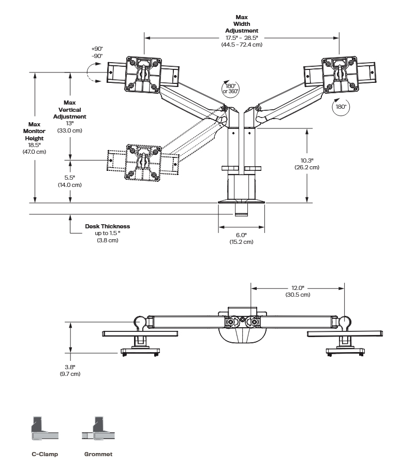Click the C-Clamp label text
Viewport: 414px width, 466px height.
point(45,454)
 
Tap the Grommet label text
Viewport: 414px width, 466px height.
point(98,454)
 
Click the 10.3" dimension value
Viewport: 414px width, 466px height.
point(307,160)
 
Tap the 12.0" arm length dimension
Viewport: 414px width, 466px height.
point(297,287)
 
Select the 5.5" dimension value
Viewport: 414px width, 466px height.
point(70,178)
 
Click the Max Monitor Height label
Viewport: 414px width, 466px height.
point(34,132)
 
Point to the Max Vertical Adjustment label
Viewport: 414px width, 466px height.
point(70,110)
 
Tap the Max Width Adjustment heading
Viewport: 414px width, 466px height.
point(241,24)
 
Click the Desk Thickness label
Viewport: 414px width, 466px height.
point(108,226)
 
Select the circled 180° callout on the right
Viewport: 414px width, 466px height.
point(341,106)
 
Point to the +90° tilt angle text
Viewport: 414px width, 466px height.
point(97,49)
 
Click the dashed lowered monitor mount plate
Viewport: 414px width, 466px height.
point(141,161)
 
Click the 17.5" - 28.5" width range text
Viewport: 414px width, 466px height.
point(241,38)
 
